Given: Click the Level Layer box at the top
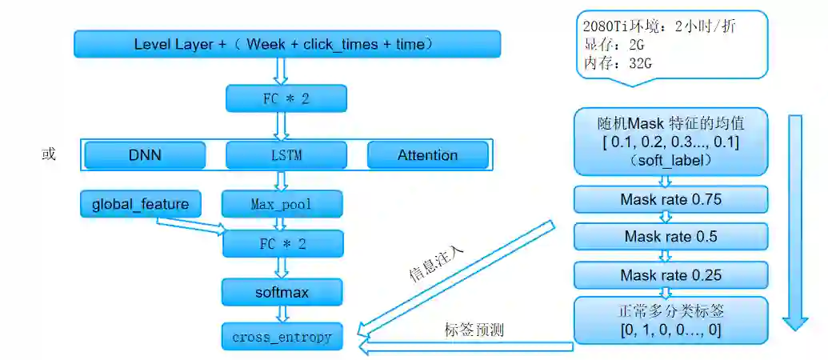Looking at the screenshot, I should [287, 44].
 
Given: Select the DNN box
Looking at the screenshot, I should [145, 155].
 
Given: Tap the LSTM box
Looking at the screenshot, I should [286, 155].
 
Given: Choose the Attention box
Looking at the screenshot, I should [427, 155].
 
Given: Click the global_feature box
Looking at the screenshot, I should [140, 204].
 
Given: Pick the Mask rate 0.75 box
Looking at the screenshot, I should [670, 199].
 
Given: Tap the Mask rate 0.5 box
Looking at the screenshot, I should [670, 237].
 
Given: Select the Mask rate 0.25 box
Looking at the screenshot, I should [670, 275].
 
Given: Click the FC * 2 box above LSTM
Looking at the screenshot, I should [286, 99].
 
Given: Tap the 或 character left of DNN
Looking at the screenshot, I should [49, 154].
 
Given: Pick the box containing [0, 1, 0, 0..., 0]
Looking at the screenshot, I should [670, 320].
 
